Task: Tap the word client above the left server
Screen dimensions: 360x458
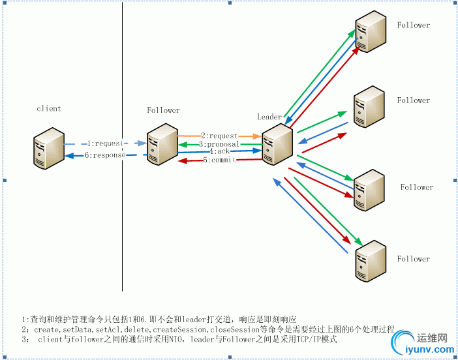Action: pyautogui.click(x=49, y=108)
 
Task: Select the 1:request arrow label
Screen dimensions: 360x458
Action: pyautogui.click(x=104, y=143)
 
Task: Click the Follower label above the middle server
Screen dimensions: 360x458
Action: pyautogui.click(x=163, y=110)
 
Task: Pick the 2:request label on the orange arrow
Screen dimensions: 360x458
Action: pyautogui.click(x=219, y=136)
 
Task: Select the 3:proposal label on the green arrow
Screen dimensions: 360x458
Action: pyautogui.click(x=219, y=144)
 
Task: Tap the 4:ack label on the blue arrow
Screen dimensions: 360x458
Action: pyautogui.click(x=219, y=151)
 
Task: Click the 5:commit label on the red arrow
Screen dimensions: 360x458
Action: pyautogui.click(x=219, y=160)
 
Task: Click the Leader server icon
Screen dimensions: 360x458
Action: pyautogui.click(x=277, y=144)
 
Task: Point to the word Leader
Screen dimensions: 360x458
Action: pyautogui.click(x=269, y=117)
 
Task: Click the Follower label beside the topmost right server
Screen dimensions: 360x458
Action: pyautogui.click(x=414, y=25)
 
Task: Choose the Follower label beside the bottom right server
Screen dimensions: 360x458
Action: pyautogui.click(x=414, y=259)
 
